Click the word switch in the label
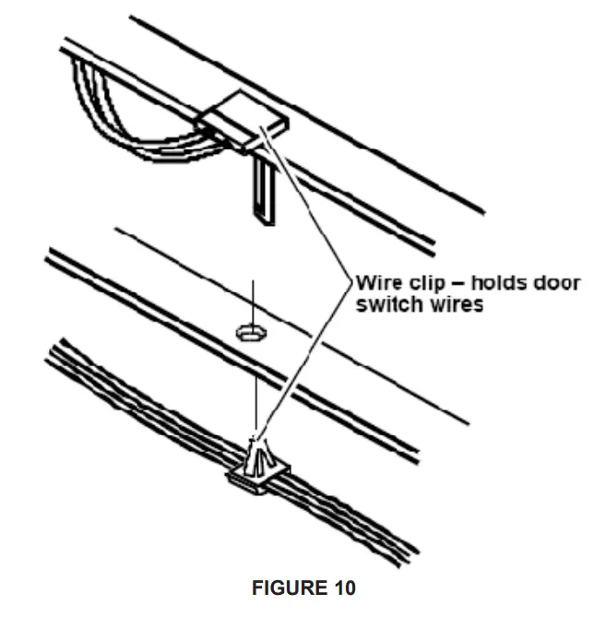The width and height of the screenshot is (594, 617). click(383, 304)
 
